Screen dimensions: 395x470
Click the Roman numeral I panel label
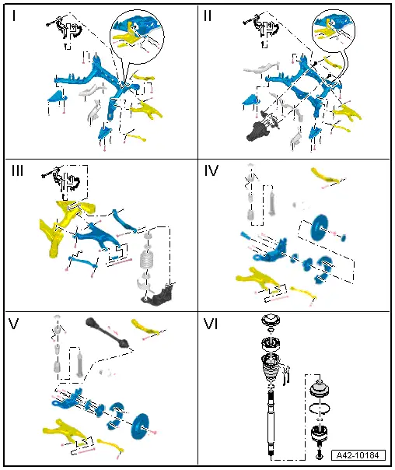14,16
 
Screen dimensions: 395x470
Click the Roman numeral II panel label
208,16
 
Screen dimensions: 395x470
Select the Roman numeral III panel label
18,171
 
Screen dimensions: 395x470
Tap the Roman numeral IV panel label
211,171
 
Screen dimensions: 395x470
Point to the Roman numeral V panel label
13,324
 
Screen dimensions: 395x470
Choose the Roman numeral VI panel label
211,324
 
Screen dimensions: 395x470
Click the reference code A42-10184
358,455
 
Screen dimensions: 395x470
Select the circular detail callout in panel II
334,30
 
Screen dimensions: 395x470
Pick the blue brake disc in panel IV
320,227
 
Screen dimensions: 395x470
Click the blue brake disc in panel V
139,426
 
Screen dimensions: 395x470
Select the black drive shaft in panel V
108,332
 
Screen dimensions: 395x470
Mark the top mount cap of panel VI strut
271,320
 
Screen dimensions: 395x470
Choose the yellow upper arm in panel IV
326,176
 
